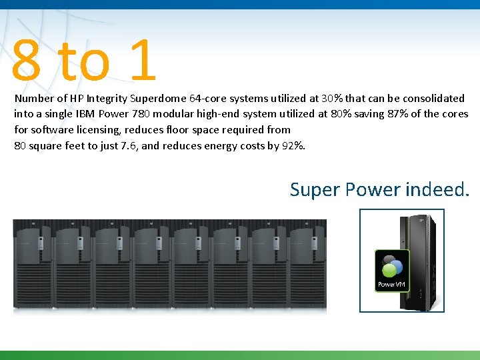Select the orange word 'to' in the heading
83,61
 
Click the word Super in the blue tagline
315,190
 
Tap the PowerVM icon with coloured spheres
392,270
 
